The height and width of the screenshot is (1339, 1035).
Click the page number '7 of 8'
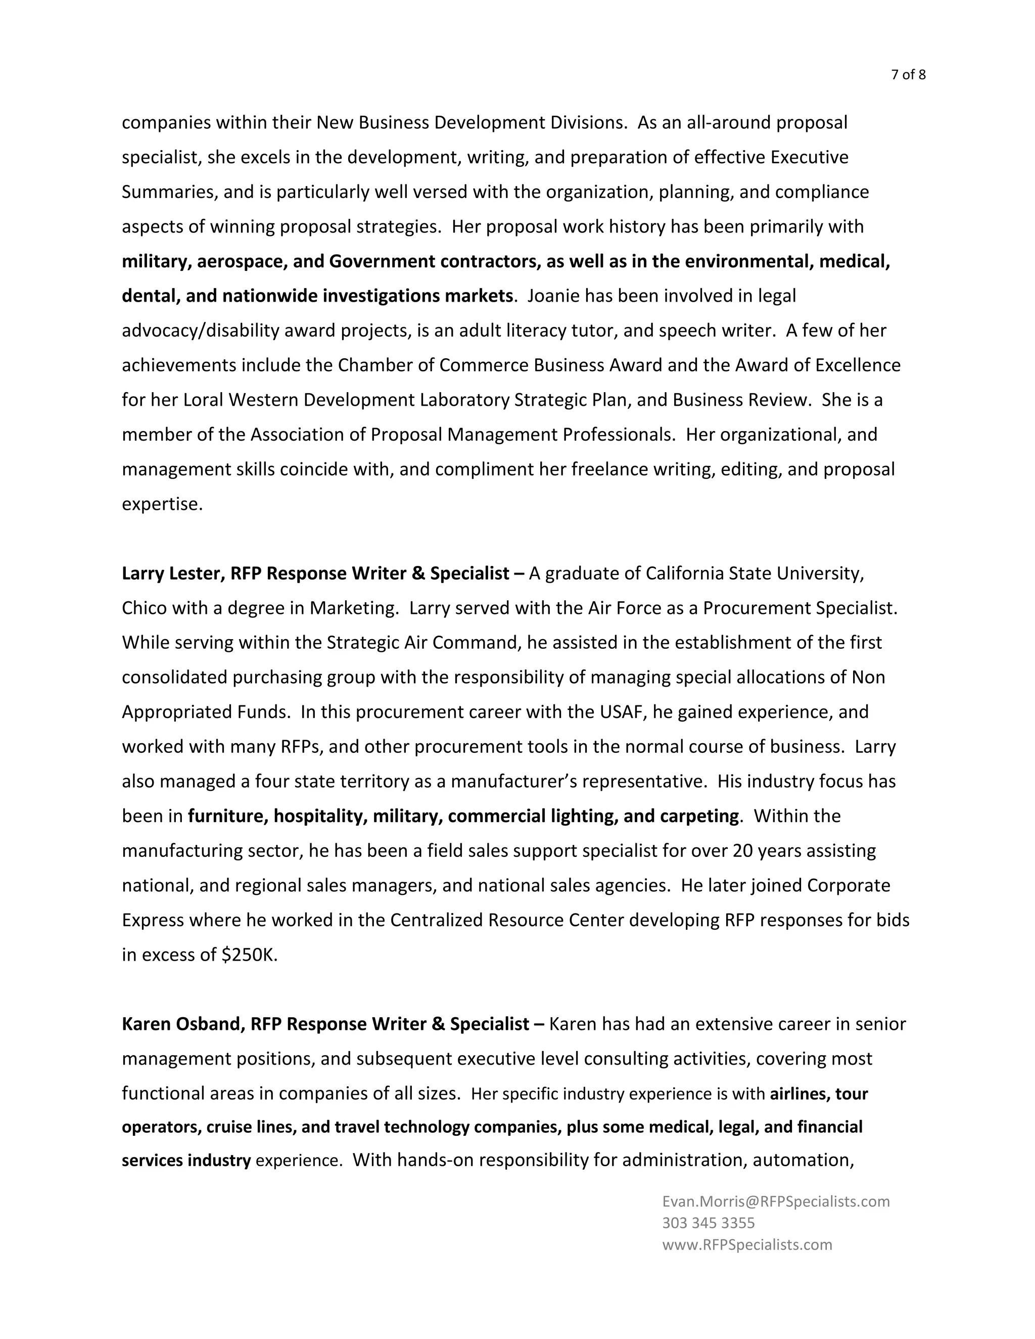click(908, 75)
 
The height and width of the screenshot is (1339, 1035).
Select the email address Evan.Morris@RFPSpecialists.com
click(776, 1201)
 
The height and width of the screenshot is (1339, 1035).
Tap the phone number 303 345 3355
click(708, 1222)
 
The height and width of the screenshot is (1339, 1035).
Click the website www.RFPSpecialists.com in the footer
click(747, 1245)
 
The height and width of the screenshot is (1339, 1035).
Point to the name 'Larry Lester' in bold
click(173, 573)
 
